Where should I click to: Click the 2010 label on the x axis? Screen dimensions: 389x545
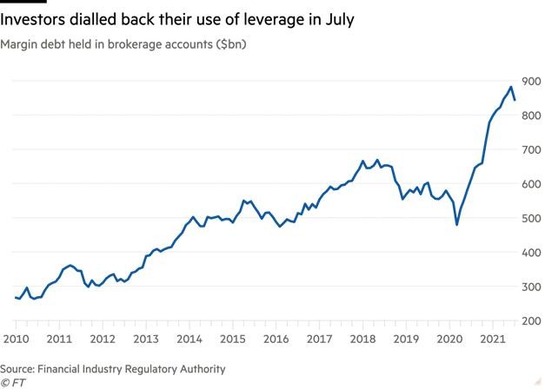[16, 338]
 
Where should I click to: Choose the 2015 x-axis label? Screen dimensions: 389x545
[232, 338]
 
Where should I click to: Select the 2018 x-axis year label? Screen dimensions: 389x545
[362, 338]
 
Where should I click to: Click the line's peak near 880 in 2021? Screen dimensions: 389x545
[509, 87]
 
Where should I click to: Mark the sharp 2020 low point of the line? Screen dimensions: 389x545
[457, 224]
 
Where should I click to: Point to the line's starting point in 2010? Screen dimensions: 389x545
[16, 297]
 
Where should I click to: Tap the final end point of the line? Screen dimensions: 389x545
[515, 100]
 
